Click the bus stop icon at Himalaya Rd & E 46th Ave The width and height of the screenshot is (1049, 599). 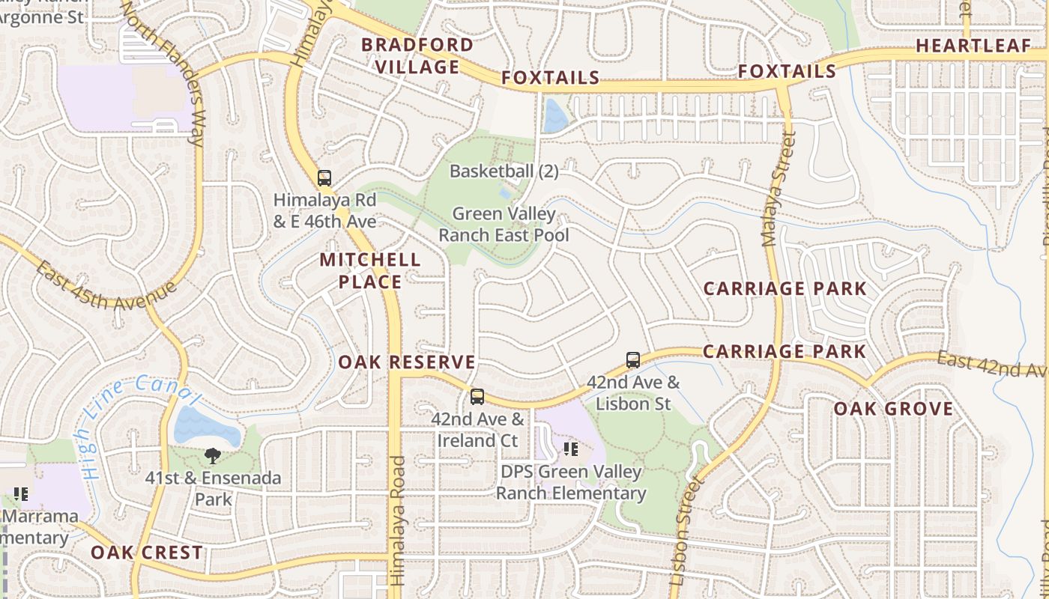point(324,178)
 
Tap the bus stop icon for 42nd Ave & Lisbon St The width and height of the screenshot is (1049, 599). point(633,360)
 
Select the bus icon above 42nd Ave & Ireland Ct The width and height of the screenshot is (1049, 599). point(477,397)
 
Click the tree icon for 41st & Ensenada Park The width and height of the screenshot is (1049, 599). point(213,455)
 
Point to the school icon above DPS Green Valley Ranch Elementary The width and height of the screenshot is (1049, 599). point(571,449)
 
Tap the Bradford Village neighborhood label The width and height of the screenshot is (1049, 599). point(417,55)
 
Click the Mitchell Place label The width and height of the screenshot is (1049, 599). point(370,270)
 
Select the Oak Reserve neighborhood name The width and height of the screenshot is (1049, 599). point(407,362)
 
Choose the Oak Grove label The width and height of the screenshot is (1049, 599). point(893,409)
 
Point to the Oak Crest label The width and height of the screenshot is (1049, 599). point(147,553)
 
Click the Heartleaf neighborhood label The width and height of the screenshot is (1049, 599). point(973,46)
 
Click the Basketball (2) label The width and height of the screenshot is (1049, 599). point(504,171)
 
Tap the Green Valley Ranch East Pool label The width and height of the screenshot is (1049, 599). point(504,225)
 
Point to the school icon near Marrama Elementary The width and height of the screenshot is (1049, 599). point(21,494)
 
